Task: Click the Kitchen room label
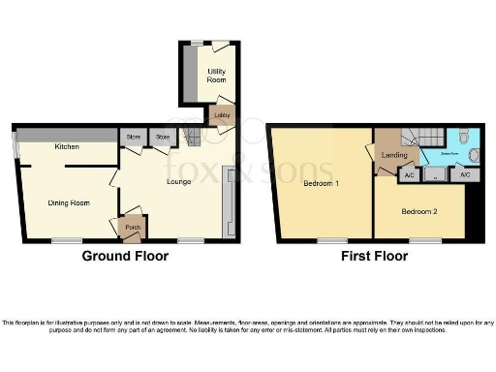(x=67, y=147)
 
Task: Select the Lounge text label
(x=177, y=182)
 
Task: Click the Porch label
(x=129, y=230)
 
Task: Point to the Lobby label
(x=222, y=116)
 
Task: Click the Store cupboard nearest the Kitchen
(x=133, y=139)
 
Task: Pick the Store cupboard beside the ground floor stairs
(x=163, y=139)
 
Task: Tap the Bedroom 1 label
(x=321, y=183)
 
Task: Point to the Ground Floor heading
(x=124, y=257)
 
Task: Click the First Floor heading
(x=373, y=257)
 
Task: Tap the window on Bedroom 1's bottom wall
(x=331, y=239)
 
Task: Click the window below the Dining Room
(x=66, y=239)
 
